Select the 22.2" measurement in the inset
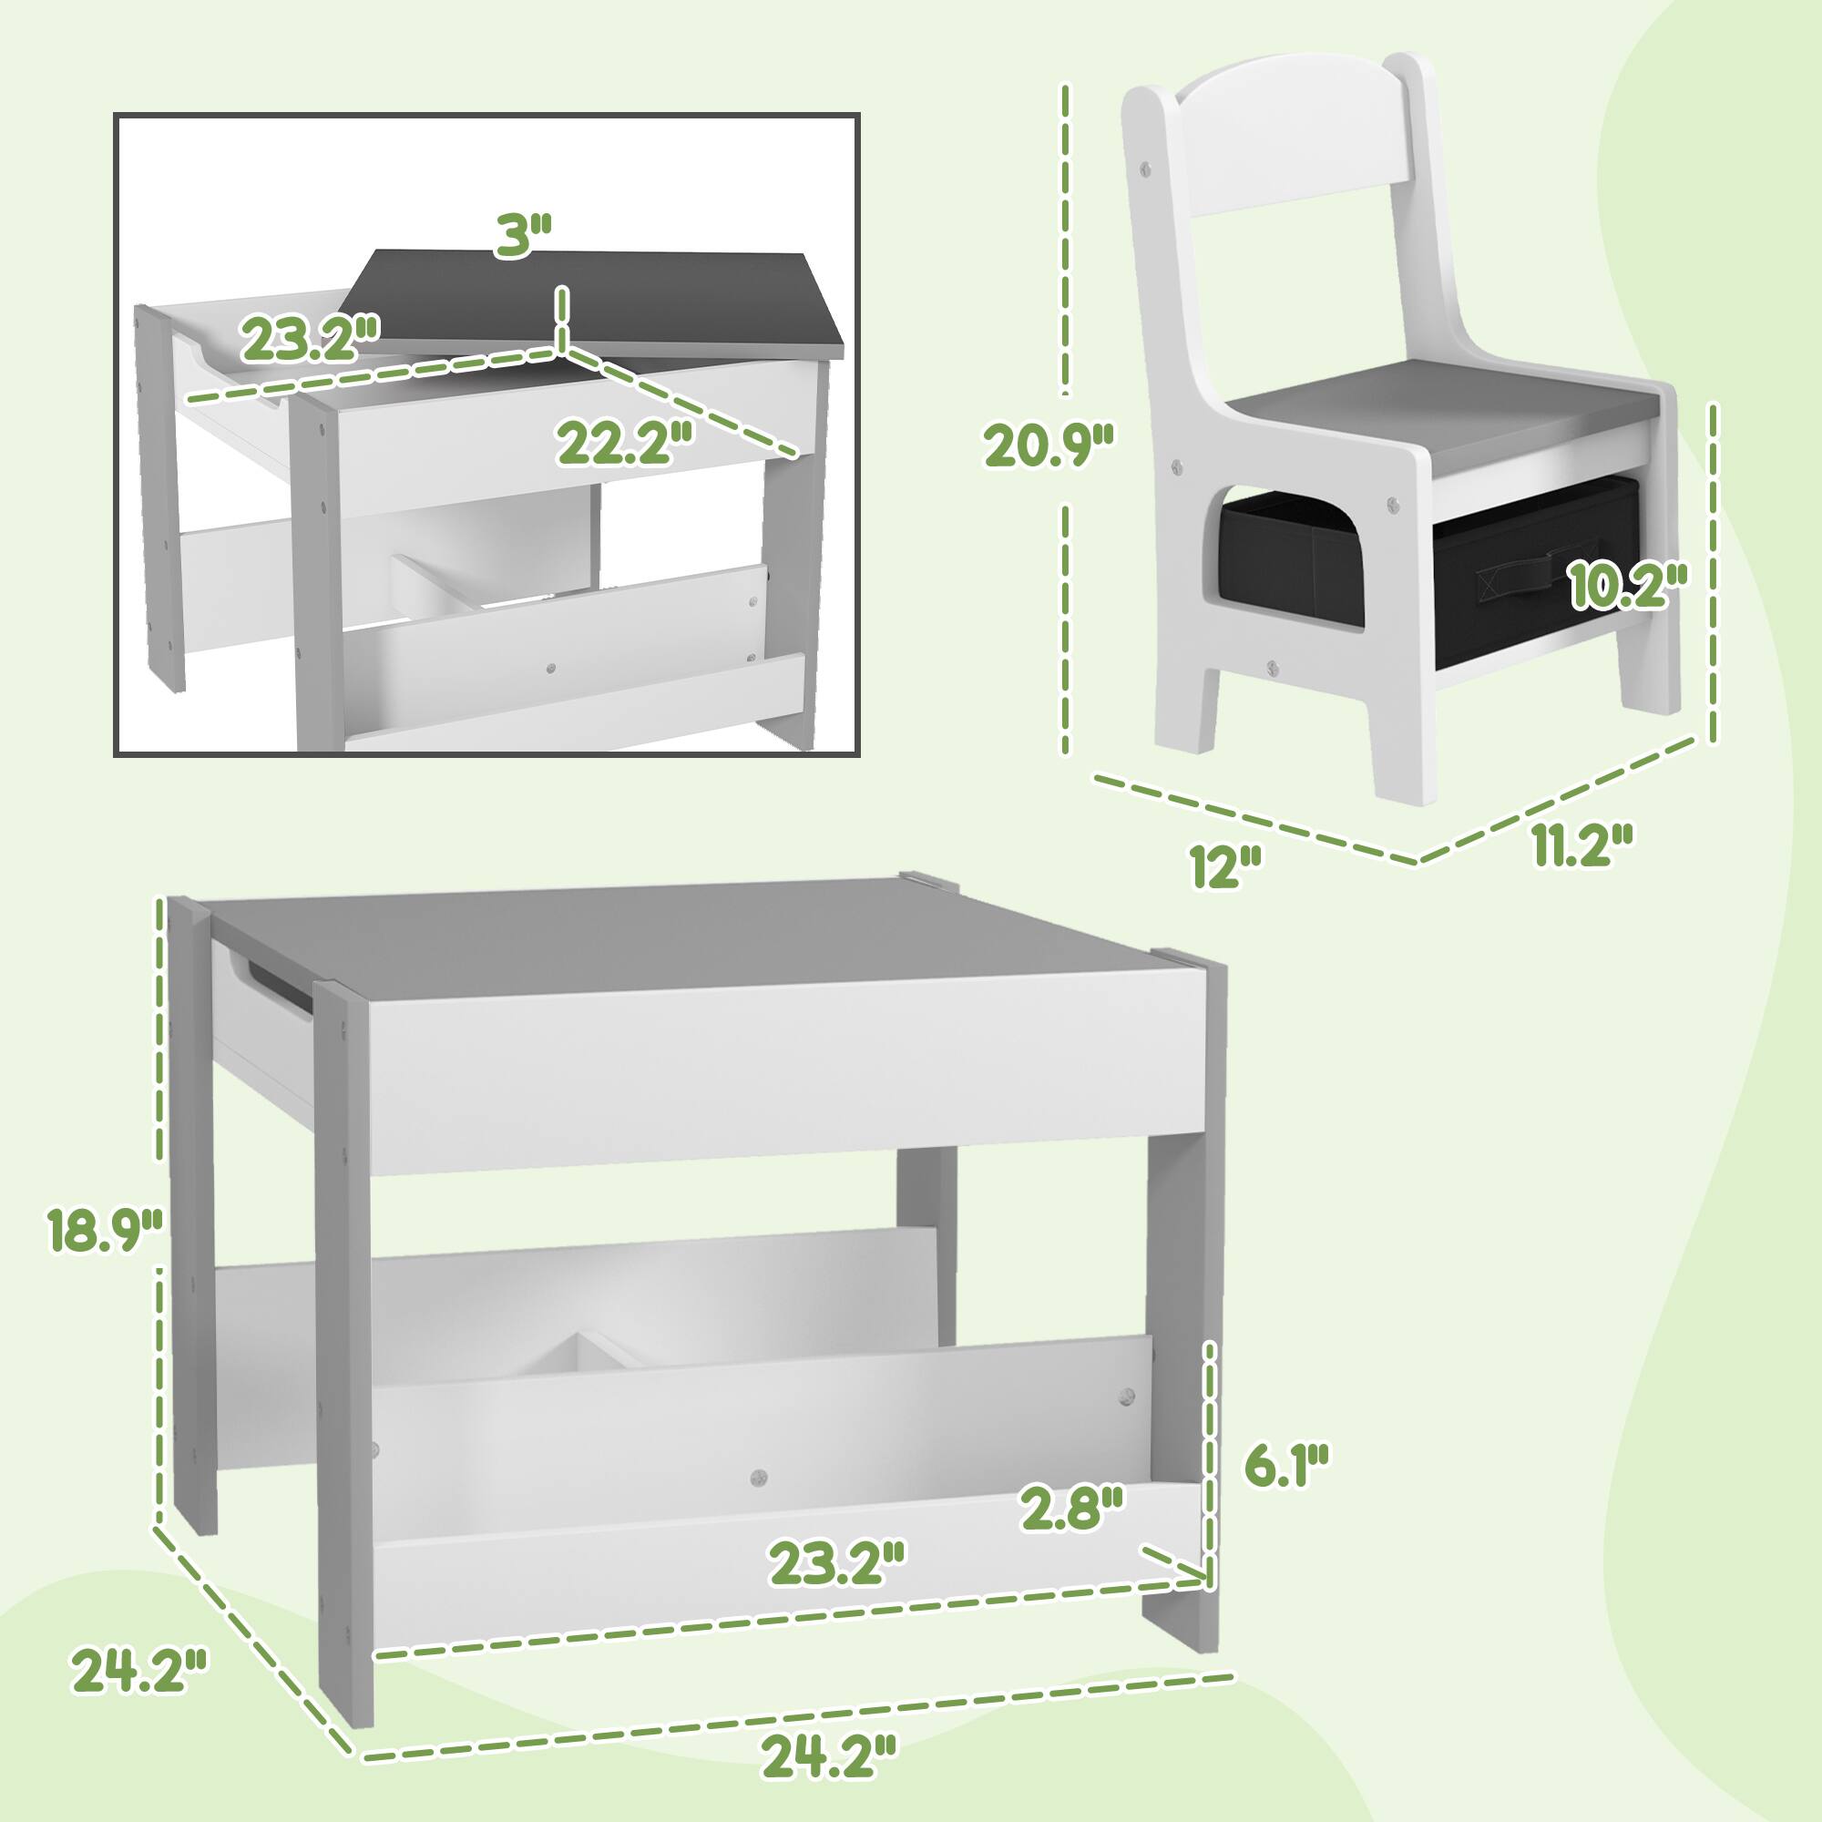click(x=625, y=443)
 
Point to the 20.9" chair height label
click(x=1049, y=445)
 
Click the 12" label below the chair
click(x=1225, y=865)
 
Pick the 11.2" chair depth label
click(x=1582, y=845)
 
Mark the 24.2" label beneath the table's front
click(x=828, y=1756)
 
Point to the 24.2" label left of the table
click(x=138, y=1697)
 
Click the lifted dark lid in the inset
click(x=604, y=300)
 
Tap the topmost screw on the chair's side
click(x=1147, y=168)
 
